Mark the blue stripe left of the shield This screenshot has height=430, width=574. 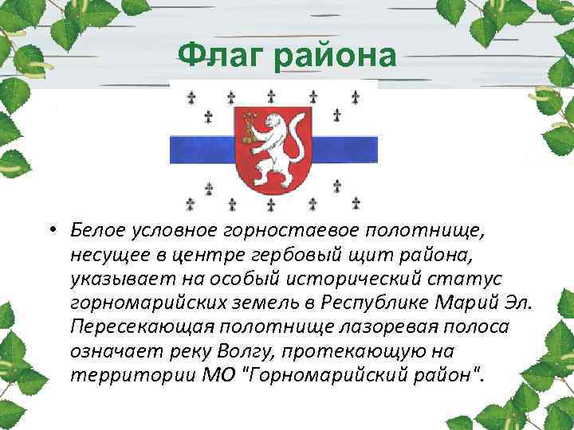click(x=200, y=147)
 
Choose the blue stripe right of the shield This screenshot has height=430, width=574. click(x=343, y=147)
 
